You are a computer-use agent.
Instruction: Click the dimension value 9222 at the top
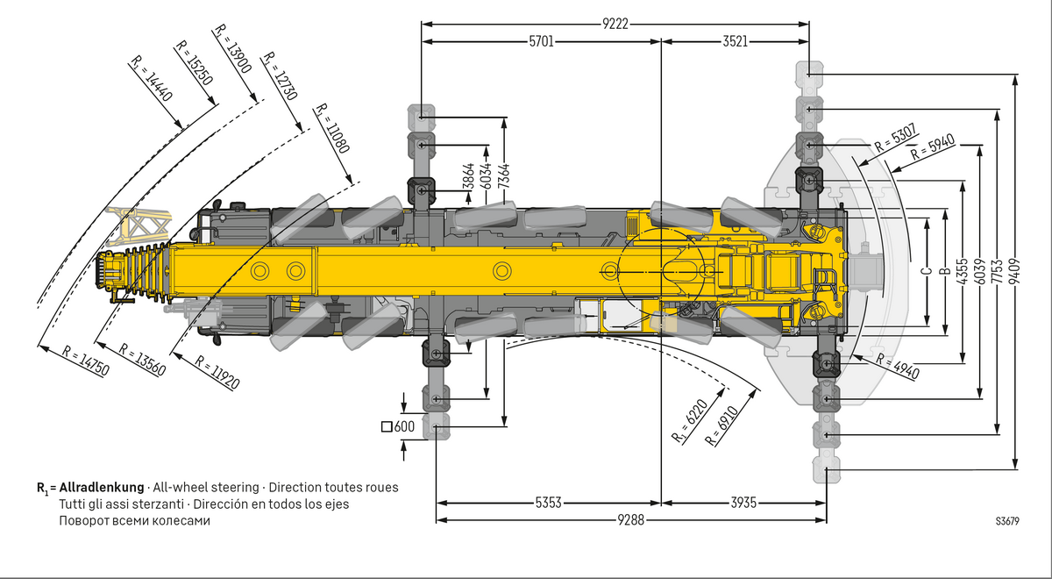pyautogui.click(x=615, y=24)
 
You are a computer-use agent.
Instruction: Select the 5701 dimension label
pyautogui.click(x=541, y=41)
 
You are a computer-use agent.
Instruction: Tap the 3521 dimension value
pyautogui.click(x=736, y=41)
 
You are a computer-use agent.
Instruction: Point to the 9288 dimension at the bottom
pyautogui.click(x=631, y=520)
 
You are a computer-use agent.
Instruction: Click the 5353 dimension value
pyautogui.click(x=549, y=503)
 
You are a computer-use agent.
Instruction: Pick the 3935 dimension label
pyautogui.click(x=743, y=503)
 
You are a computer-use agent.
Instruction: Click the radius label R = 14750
pyautogui.click(x=86, y=361)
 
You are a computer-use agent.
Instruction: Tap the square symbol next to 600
pyautogui.click(x=387, y=427)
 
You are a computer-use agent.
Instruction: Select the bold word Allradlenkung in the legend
pyautogui.click(x=102, y=487)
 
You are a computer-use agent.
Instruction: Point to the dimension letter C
pyautogui.click(x=927, y=271)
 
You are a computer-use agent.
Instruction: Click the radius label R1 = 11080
pyautogui.click(x=332, y=130)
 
